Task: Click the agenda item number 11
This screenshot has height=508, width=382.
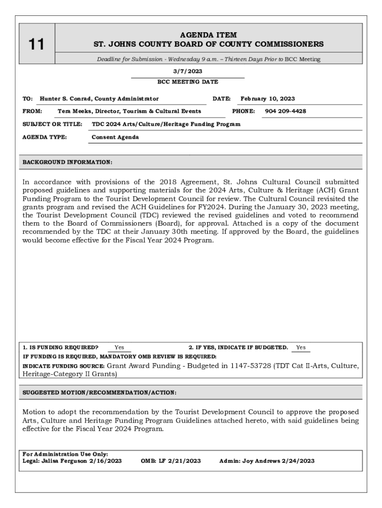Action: click(x=36, y=45)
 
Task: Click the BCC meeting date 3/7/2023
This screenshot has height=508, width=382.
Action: click(x=188, y=71)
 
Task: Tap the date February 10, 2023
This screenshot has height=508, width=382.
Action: click(x=267, y=99)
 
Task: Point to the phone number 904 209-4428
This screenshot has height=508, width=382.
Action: click(x=285, y=111)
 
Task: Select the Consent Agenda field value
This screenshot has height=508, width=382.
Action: click(x=115, y=137)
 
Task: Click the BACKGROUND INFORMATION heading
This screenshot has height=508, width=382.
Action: click(x=67, y=162)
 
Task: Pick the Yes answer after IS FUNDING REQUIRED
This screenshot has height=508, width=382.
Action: click(x=119, y=347)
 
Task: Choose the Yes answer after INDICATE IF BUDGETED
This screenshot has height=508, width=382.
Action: click(x=301, y=347)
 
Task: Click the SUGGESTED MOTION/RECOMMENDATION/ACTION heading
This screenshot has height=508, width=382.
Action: click(x=99, y=392)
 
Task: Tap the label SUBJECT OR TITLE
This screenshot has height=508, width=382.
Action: click(x=52, y=124)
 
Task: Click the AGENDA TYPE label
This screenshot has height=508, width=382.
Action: click(x=45, y=137)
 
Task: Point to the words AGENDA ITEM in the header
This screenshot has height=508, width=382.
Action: click(x=208, y=35)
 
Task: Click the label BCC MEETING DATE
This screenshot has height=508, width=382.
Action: click(x=188, y=82)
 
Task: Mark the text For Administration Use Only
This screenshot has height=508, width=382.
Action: click(x=65, y=454)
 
